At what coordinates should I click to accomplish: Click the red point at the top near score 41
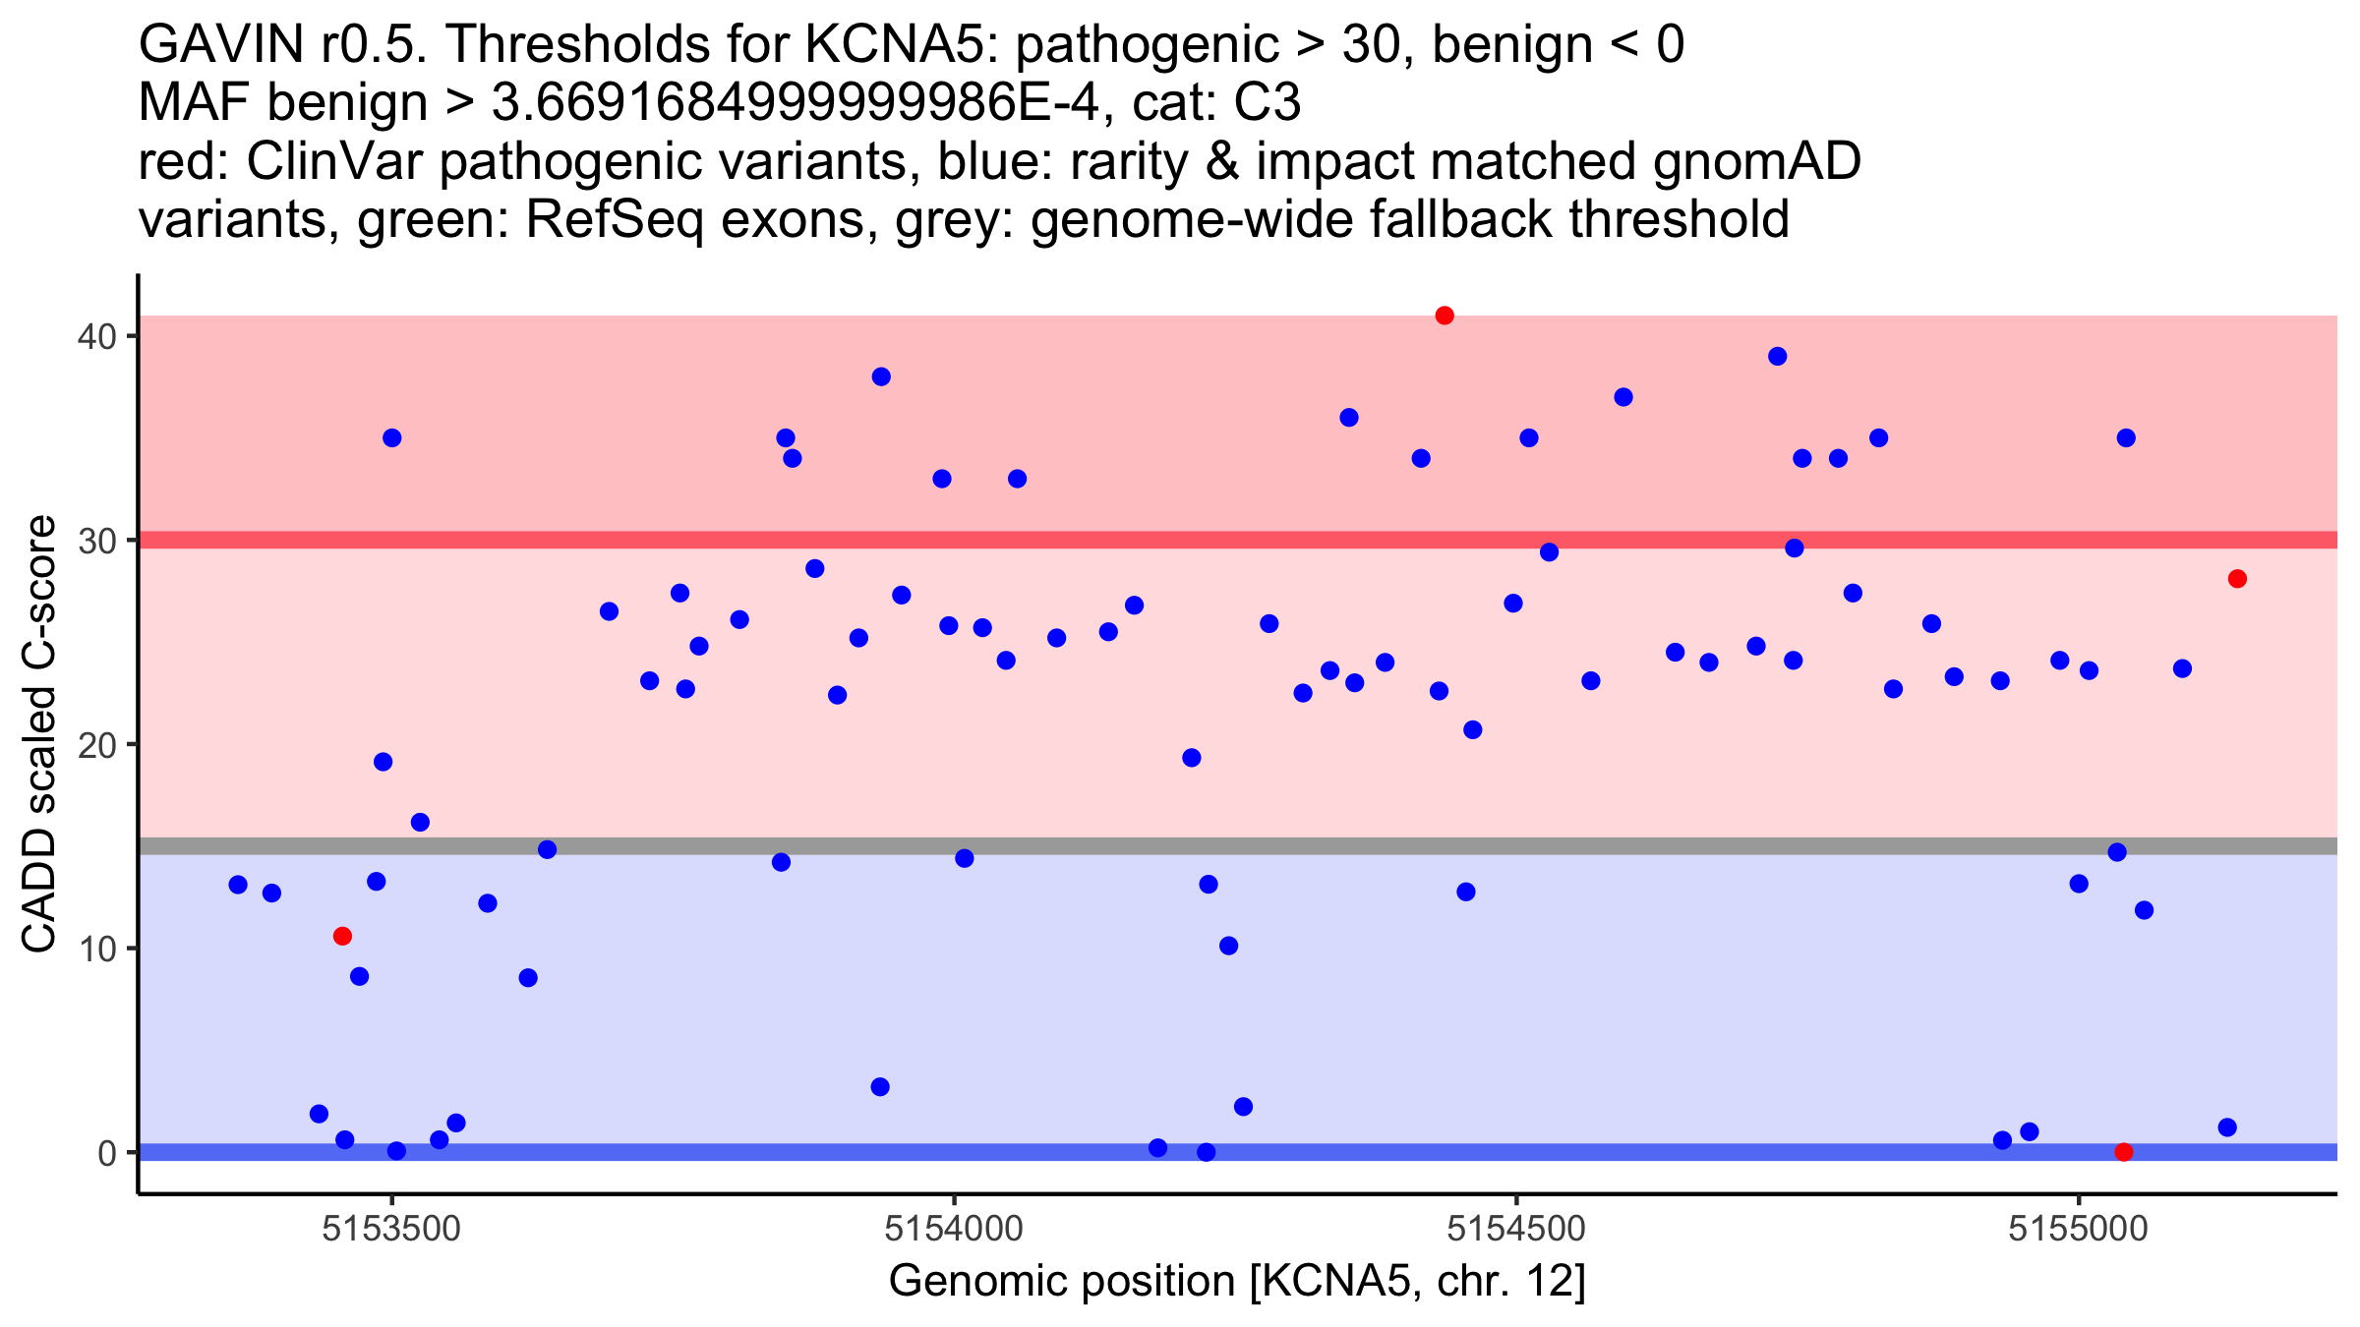(1445, 316)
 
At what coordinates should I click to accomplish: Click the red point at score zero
(2124, 1152)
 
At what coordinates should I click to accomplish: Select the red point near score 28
(2237, 579)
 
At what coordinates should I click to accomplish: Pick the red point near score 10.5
(342, 936)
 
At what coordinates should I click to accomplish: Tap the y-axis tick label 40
(96, 336)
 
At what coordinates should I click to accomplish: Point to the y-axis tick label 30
(96, 541)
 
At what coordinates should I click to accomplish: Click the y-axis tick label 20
(96, 744)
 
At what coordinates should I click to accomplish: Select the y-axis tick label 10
(96, 949)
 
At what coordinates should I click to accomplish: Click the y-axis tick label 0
(106, 1153)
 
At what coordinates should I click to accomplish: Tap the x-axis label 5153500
(391, 1229)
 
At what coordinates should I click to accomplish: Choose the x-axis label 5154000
(954, 1229)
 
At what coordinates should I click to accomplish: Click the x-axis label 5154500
(1516, 1229)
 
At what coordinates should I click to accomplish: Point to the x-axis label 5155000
(2078, 1229)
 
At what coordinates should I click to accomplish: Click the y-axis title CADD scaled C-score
(39, 734)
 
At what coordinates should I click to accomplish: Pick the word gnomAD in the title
(1756, 161)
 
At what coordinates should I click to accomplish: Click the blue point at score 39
(1777, 357)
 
